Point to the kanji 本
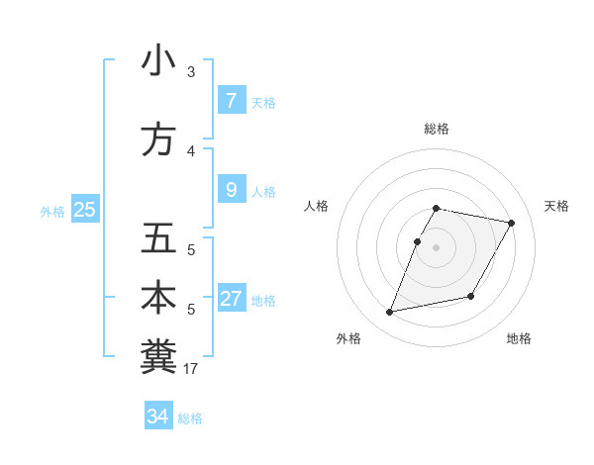click(158, 299)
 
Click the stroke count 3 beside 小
click(191, 72)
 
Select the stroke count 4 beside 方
click(191, 151)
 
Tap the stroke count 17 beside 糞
click(191, 369)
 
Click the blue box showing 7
click(231, 100)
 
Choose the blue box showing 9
click(231, 189)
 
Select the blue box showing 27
click(231, 299)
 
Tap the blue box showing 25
click(84, 210)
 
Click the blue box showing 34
click(157, 417)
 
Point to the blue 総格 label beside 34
click(190, 418)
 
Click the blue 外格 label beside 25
click(52, 212)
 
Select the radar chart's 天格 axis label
click(557, 206)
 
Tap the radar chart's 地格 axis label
click(519, 338)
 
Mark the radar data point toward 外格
click(390, 313)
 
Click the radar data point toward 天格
click(511, 224)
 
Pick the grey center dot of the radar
click(436, 247)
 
